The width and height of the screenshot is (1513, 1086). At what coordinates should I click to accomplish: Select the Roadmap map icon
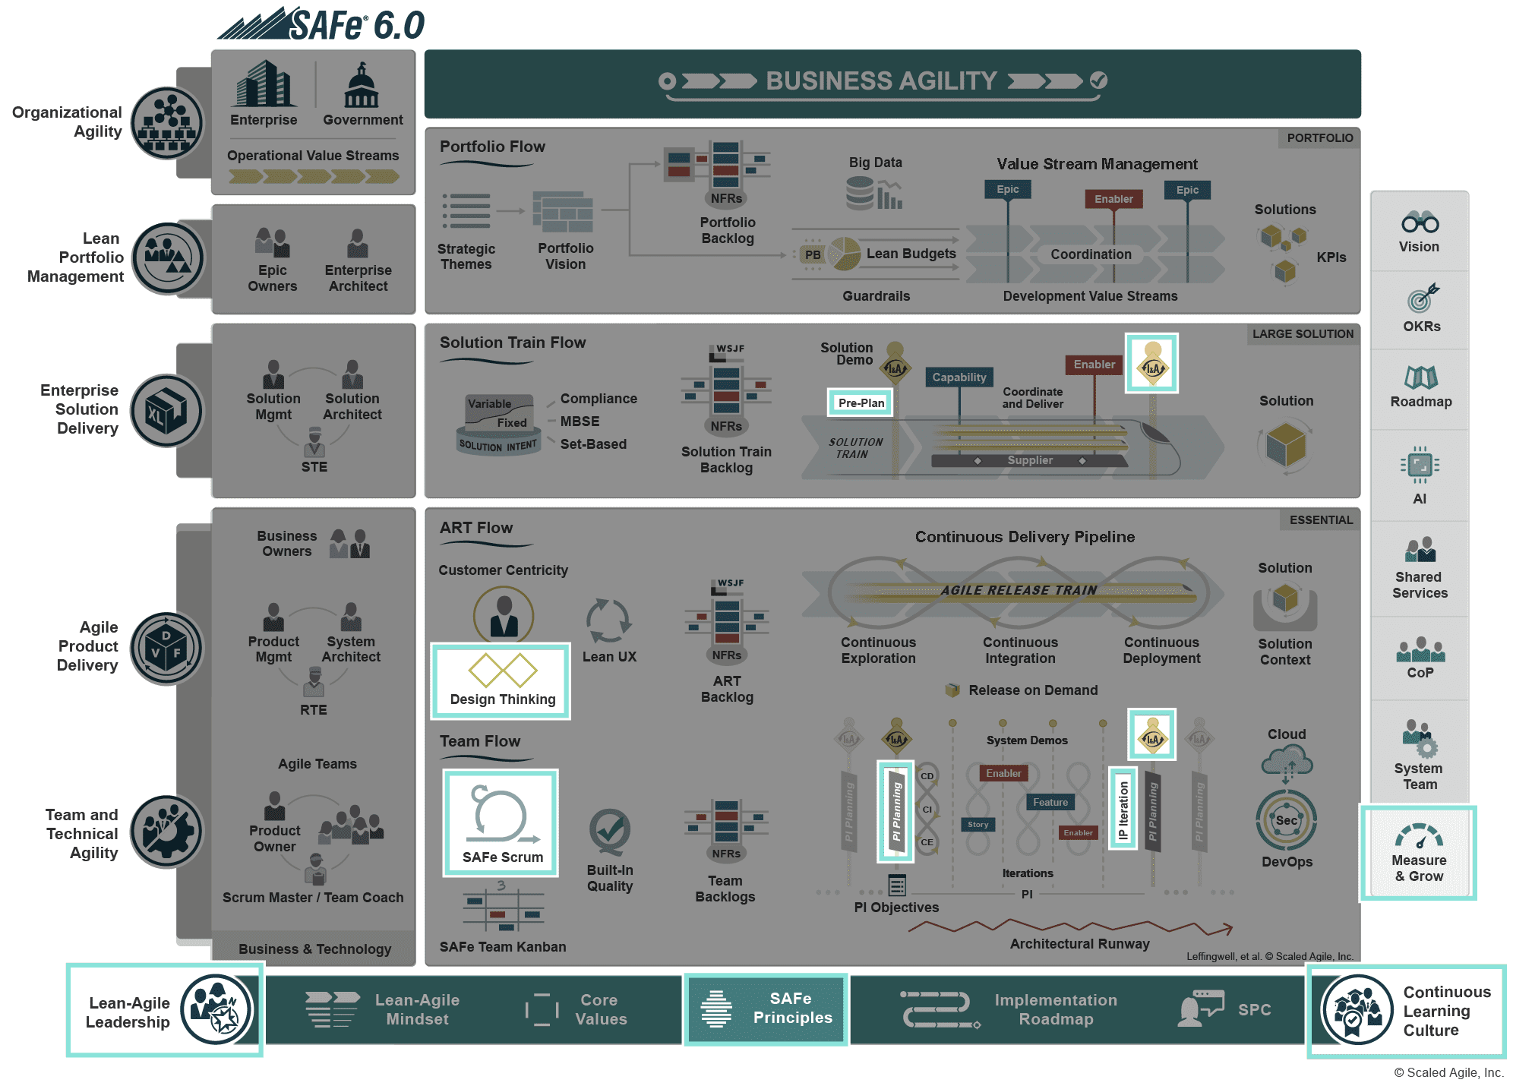tap(1420, 377)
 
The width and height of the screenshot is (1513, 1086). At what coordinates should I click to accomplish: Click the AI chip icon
tap(1420, 464)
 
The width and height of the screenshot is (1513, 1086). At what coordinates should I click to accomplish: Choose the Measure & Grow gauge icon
tap(1418, 836)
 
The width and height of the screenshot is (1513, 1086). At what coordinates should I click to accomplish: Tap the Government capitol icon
tap(362, 85)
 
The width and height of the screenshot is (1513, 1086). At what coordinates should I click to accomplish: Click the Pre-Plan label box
tap(861, 403)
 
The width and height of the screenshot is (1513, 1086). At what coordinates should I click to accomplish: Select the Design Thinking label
tap(502, 699)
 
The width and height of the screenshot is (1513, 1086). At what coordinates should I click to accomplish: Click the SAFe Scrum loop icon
tap(501, 816)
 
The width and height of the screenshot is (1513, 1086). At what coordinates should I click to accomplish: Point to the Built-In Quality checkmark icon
tap(609, 831)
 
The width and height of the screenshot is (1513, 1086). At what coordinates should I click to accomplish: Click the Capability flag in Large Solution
tap(959, 377)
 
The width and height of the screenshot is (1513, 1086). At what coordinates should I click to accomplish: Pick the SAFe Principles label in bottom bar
tap(791, 1008)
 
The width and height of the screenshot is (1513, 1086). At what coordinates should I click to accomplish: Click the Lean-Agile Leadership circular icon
tap(216, 1009)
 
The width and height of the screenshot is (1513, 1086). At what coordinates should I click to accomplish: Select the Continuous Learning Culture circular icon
tap(1357, 1010)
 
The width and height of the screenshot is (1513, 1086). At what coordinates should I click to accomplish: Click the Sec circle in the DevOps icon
tap(1286, 820)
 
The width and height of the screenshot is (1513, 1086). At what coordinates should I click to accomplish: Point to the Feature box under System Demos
tap(1050, 802)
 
